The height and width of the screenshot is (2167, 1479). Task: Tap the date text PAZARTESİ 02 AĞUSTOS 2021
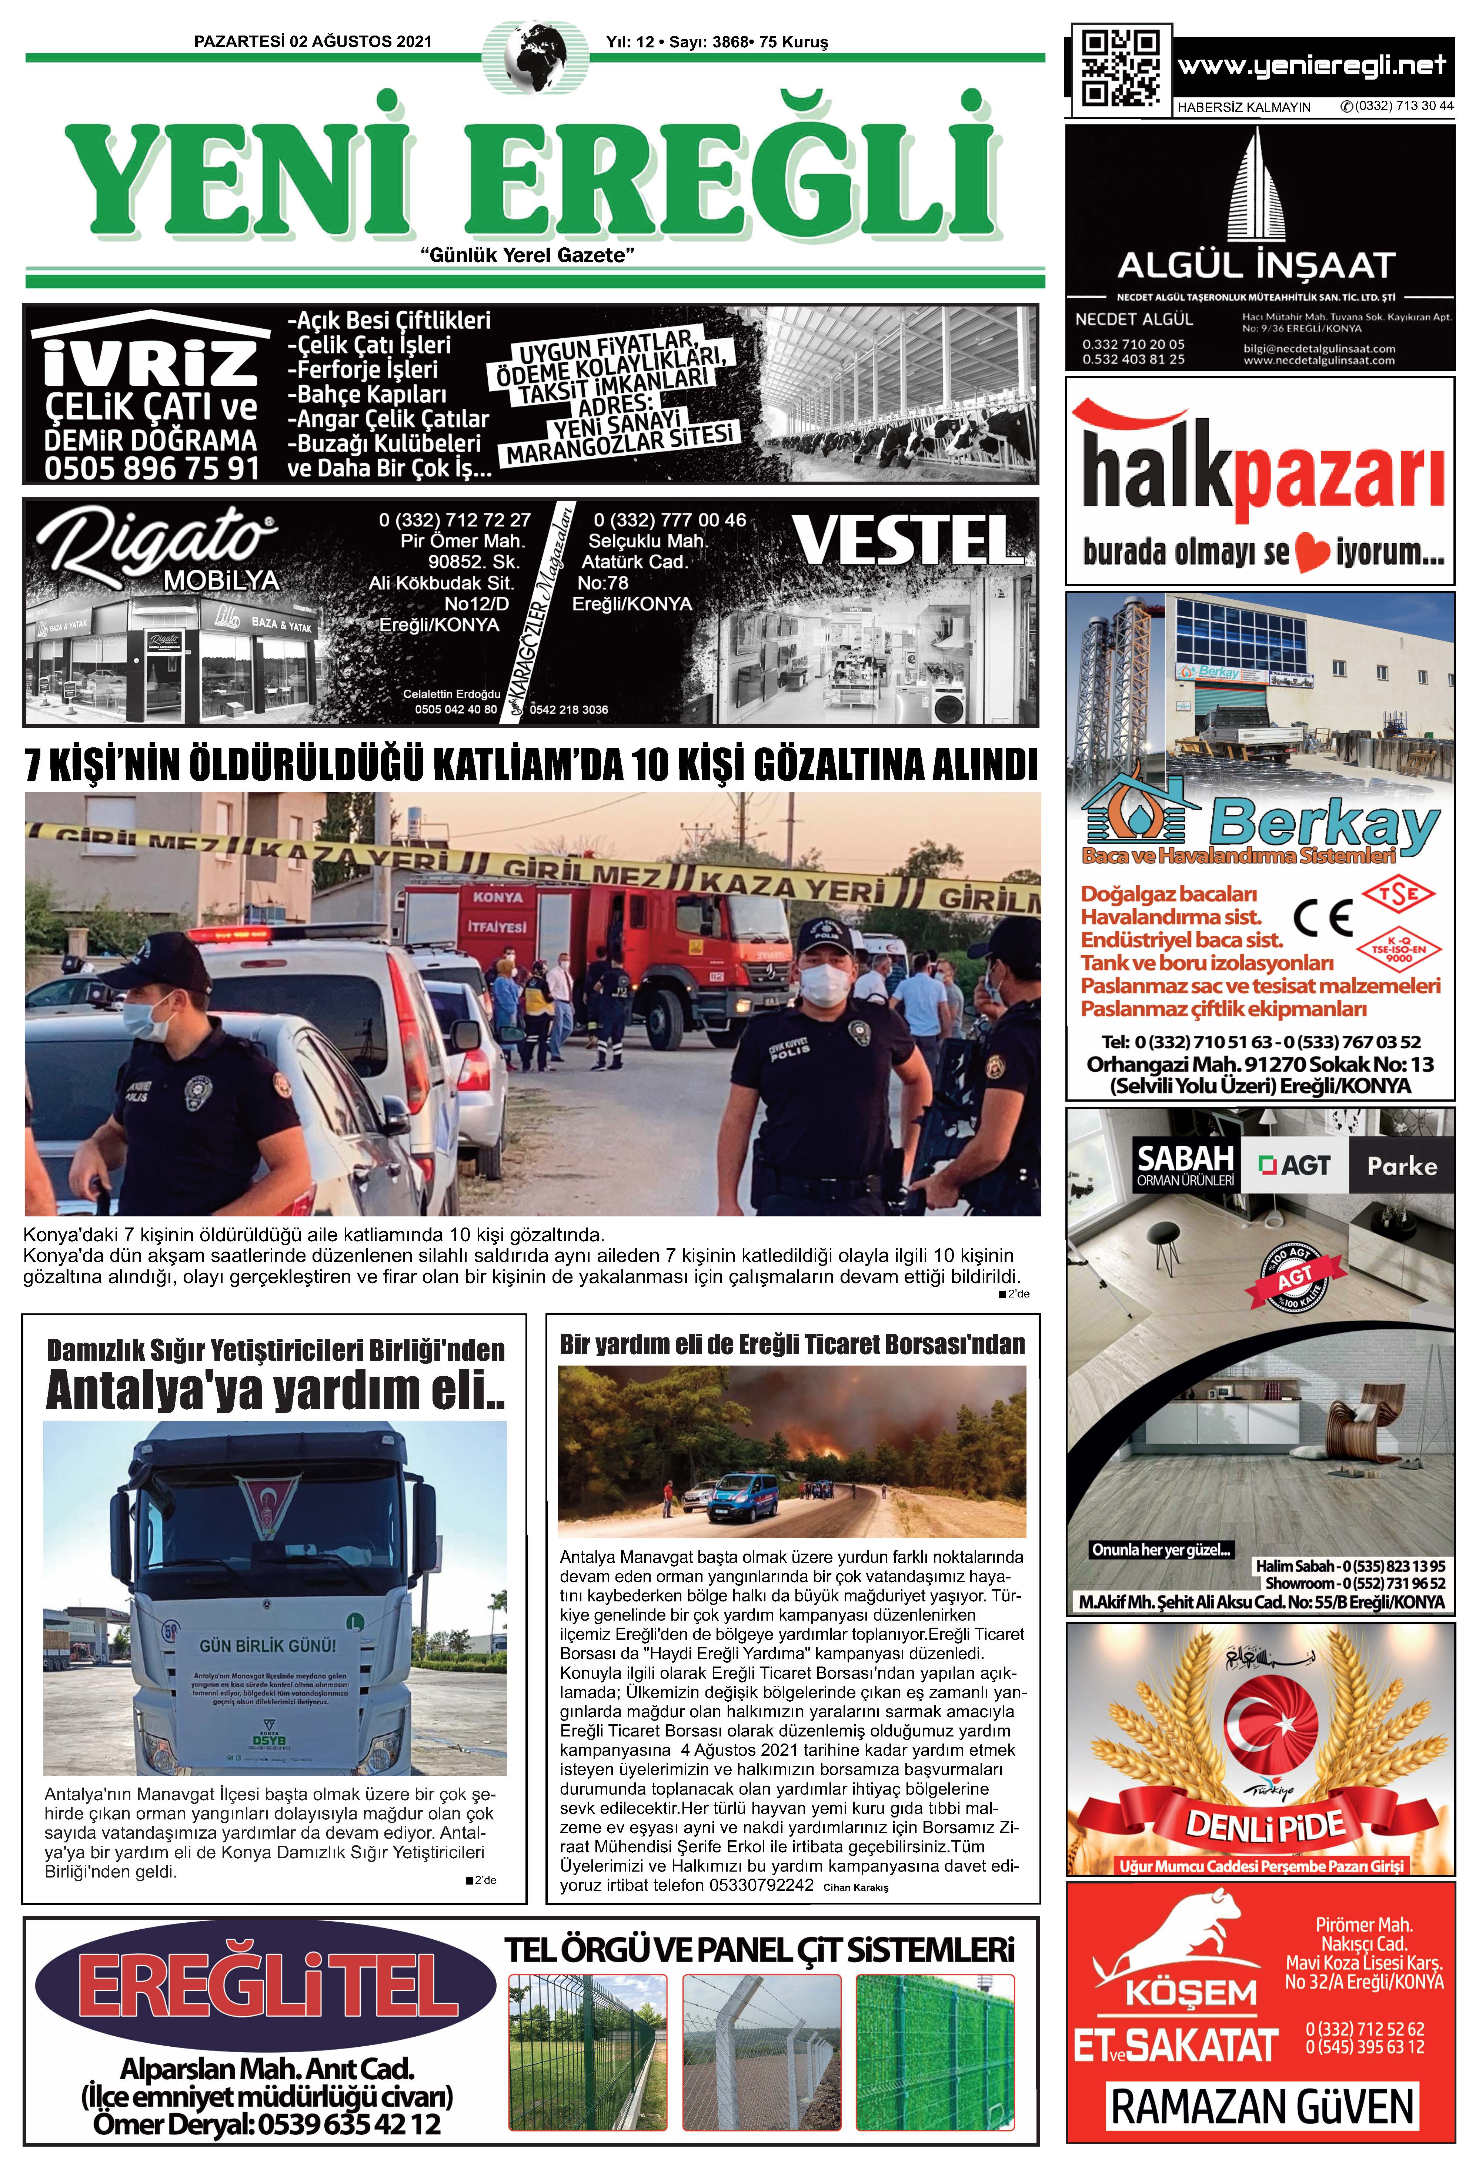pyautogui.click(x=313, y=42)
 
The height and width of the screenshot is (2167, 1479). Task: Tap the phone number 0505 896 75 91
pyautogui.click(x=151, y=467)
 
